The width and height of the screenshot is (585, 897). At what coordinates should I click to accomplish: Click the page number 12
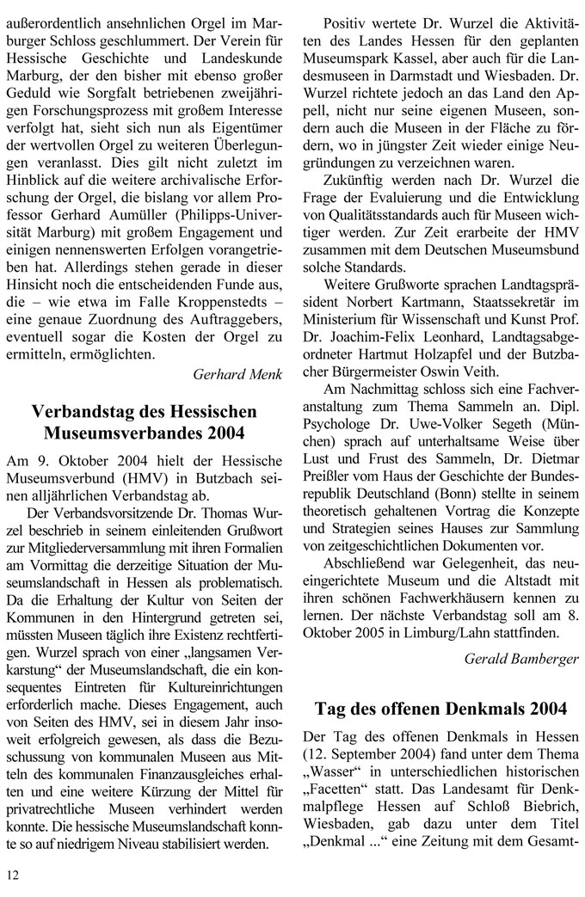(13, 875)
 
